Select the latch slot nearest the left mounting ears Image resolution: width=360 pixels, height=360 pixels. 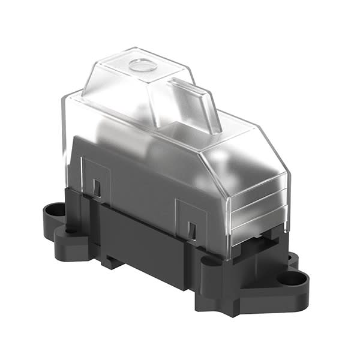point(97,187)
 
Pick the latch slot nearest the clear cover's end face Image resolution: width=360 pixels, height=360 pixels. point(191,230)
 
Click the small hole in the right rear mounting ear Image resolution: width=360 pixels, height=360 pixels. point(292,258)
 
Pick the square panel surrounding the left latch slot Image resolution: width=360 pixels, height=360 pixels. point(96,180)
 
